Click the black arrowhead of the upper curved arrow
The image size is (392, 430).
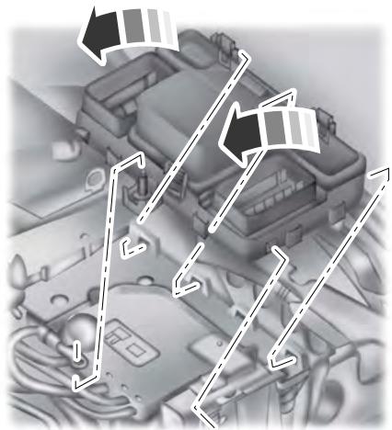tap(93, 38)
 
